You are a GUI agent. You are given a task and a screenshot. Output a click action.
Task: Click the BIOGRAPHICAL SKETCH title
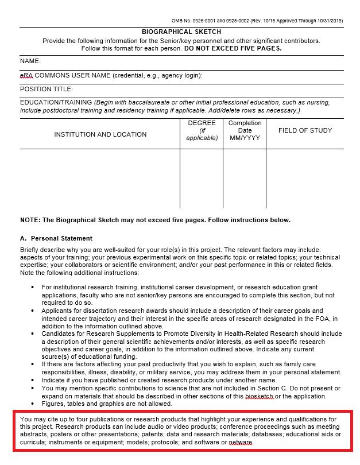click(x=181, y=32)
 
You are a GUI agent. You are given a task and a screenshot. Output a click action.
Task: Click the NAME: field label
click(x=30, y=61)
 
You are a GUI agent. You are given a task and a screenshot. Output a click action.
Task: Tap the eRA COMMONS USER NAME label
click(x=111, y=75)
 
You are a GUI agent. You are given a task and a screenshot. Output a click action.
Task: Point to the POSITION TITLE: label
click(x=47, y=90)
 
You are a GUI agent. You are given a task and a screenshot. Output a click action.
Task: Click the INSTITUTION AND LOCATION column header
click(x=100, y=134)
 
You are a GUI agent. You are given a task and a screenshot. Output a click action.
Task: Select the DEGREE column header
click(x=202, y=130)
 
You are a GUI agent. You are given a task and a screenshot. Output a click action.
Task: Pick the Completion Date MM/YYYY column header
click(x=245, y=130)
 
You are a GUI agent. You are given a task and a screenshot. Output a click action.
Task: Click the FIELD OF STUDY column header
click(x=305, y=130)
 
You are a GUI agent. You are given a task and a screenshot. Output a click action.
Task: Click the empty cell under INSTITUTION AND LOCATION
click(x=100, y=179)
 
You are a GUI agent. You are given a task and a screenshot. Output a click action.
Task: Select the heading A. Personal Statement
click(x=56, y=238)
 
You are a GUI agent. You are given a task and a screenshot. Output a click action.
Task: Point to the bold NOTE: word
click(x=30, y=220)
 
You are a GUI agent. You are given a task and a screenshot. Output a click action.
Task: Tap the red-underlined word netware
click(x=241, y=443)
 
